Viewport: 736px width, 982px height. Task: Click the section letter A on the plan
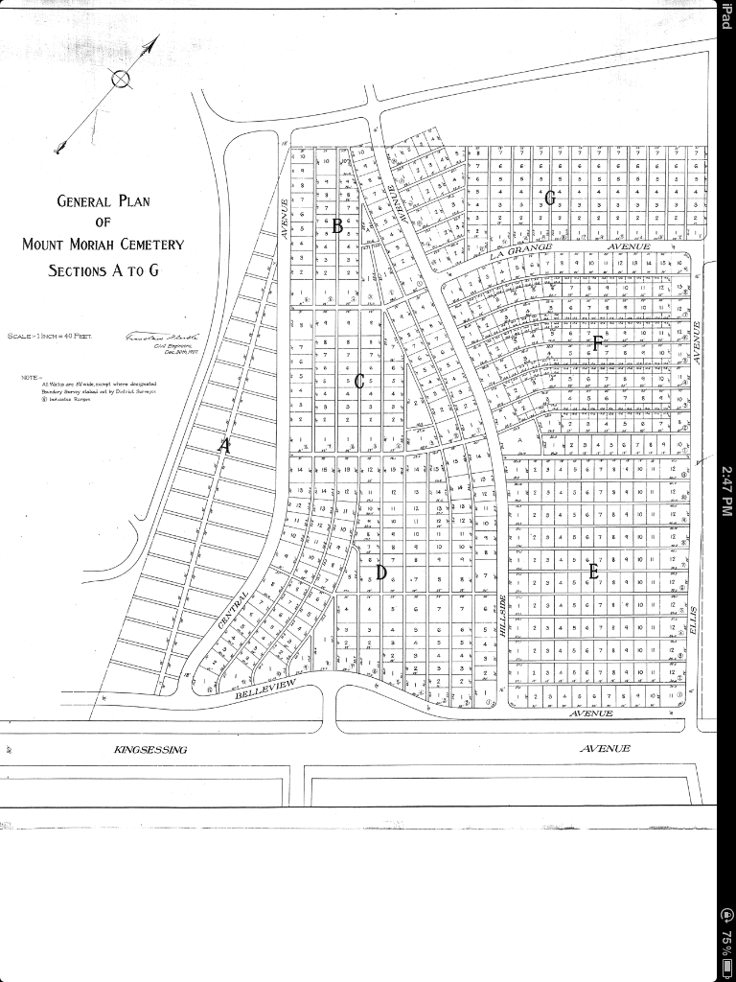(225, 445)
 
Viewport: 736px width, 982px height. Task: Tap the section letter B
(337, 226)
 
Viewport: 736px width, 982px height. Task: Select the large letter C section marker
(359, 382)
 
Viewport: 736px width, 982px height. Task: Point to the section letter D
(380, 573)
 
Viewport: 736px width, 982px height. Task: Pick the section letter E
(593, 573)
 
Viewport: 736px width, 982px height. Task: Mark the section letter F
(597, 344)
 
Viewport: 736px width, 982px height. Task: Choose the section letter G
(550, 198)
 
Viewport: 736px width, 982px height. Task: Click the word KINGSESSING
(151, 749)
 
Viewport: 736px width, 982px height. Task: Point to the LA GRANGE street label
(521, 251)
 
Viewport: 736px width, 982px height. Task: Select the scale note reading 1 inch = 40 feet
(48, 337)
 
